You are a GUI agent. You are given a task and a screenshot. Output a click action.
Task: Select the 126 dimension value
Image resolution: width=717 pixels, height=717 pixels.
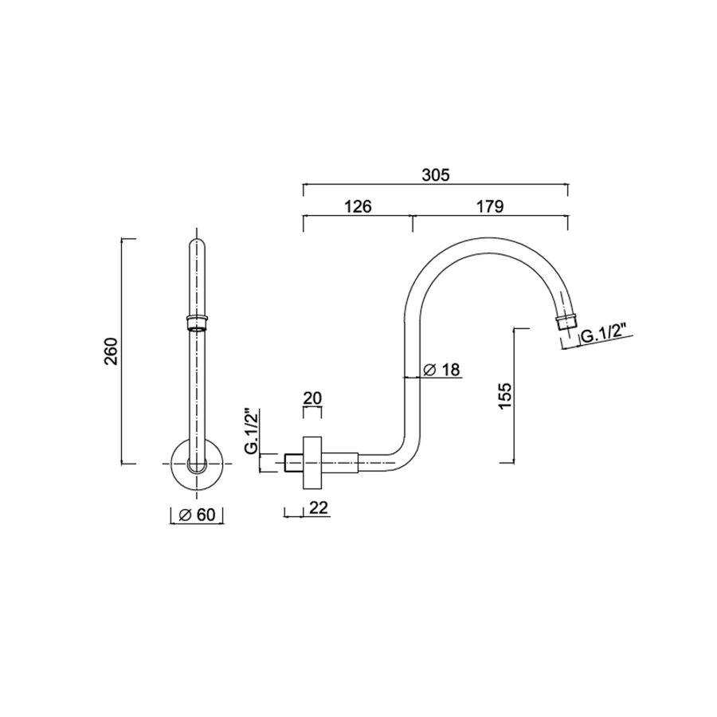(x=358, y=207)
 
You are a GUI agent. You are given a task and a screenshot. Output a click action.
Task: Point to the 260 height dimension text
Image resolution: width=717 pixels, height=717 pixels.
(x=111, y=351)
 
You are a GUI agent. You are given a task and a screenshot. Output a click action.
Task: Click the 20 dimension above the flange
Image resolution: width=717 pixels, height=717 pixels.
(x=313, y=398)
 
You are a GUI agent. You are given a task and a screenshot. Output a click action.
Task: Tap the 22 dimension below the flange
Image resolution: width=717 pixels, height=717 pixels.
(x=318, y=507)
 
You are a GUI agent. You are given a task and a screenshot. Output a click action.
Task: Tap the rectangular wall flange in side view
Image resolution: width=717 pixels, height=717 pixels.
(x=313, y=463)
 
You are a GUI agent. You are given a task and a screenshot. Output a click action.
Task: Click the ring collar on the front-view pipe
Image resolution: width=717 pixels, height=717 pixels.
(x=196, y=323)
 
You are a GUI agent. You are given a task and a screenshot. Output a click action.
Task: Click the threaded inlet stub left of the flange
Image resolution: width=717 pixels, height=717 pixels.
(x=292, y=463)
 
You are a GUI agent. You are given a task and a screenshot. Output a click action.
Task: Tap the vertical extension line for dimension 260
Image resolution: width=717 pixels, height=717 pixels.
(x=123, y=351)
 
